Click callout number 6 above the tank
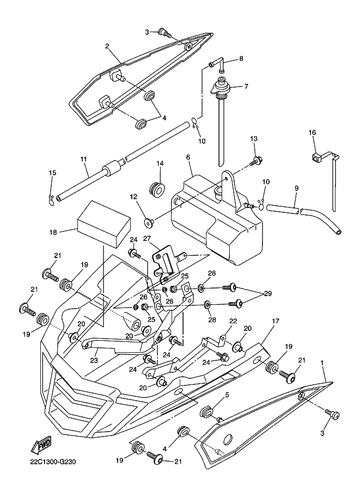(188, 157)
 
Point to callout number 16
(313, 132)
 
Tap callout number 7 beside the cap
(246, 86)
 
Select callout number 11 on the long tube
(83, 159)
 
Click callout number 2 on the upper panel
(107, 46)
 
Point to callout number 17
(276, 322)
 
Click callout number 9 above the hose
(296, 188)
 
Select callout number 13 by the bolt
(253, 139)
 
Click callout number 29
(267, 293)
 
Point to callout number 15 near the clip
(53, 173)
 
